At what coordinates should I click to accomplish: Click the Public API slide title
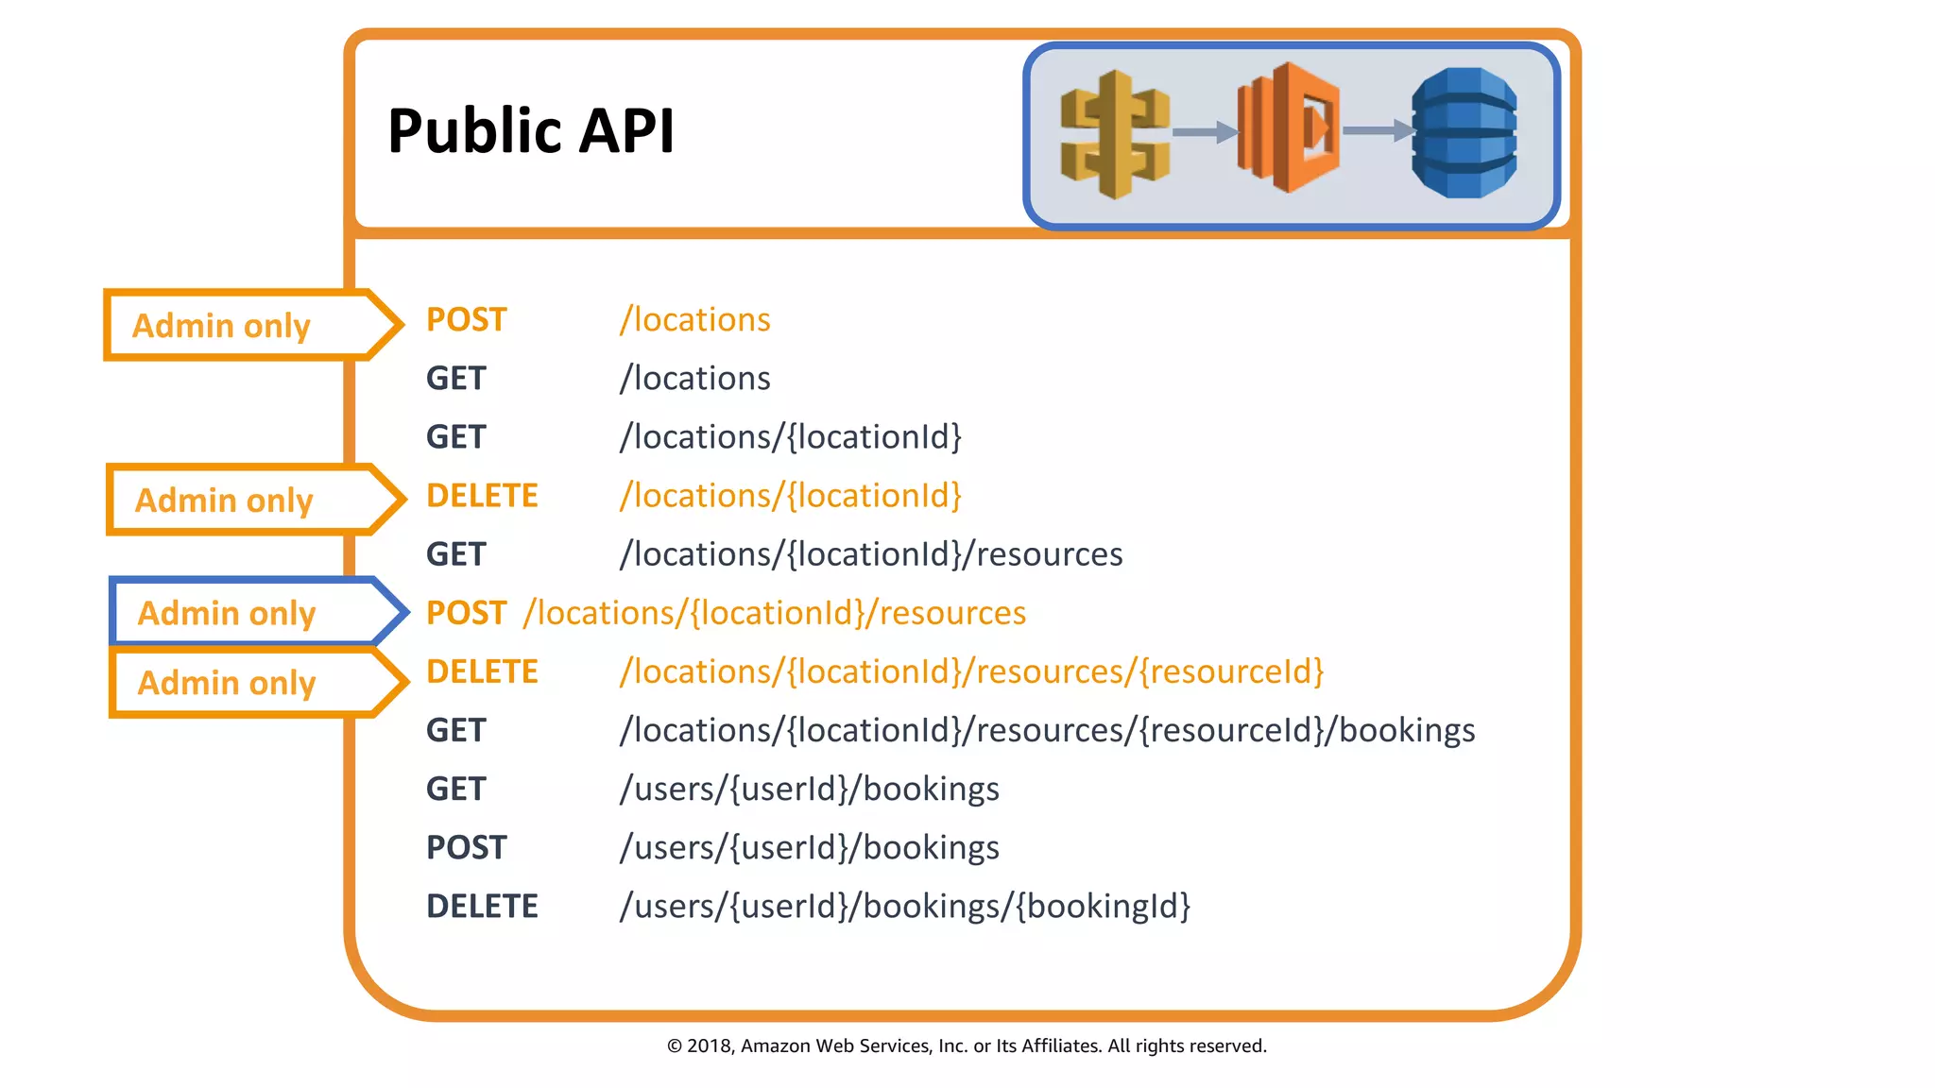pyautogui.click(x=531, y=130)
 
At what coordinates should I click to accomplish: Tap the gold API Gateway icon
pyautogui.click(x=1115, y=133)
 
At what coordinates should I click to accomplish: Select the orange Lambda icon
pyautogui.click(x=1288, y=127)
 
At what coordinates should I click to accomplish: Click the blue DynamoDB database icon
pyautogui.click(x=1464, y=132)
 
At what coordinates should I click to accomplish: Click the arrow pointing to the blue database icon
pyautogui.click(x=1377, y=130)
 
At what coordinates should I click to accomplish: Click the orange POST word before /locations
pyautogui.click(x=466, y=320)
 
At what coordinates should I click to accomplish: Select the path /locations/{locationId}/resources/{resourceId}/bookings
pyautogui.click(x=1047, y=731)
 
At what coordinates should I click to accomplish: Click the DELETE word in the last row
pyautogui.click(x=482, y=907)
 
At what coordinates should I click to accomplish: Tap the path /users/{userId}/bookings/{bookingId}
pyautogui.click(x=904, y=907)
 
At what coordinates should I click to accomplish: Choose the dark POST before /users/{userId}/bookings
pyautogui.click(x=466, y=848)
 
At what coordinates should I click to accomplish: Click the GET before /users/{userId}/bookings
pyautogui.click(x=455, y=790)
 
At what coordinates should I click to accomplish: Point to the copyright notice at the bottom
pyautogui.click(x=967, y=1045)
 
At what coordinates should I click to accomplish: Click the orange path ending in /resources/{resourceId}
pyautogui.click(x=971, y=671)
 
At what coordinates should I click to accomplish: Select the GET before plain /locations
pyautogui.click(x=455, y=379)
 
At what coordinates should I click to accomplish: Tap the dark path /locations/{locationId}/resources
pyautogui.click(x=870, y=554)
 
